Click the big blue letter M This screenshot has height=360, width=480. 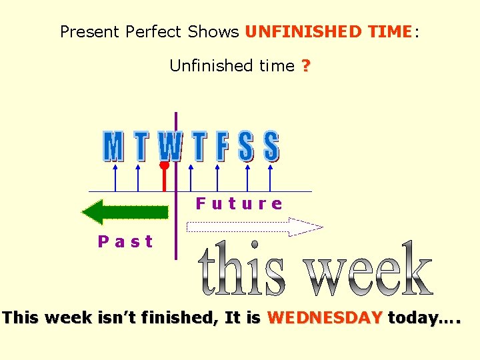coord(114,147)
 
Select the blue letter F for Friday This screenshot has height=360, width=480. coord(222,147)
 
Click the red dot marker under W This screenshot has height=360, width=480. coord(164,165)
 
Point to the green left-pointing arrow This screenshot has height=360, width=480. coord(125,213)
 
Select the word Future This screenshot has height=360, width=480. coord(239,203)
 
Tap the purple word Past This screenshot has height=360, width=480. coord(125,241)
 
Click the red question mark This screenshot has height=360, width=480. coord(305,66)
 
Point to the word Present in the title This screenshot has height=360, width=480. coord(88,31)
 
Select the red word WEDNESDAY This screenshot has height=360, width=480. coord(325,317)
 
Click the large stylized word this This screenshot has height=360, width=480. coord(242,270)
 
